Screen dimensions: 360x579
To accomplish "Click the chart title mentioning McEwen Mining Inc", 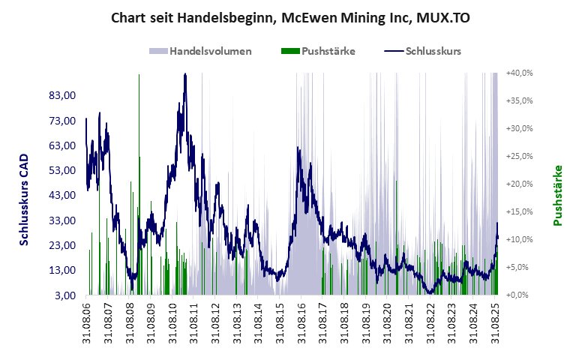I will [x=290, y=17].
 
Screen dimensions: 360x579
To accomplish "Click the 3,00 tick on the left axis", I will [x=67, y=295].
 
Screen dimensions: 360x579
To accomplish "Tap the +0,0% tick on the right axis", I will [x=520, y=295].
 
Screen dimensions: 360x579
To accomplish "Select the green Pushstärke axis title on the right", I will [x=558, y=196].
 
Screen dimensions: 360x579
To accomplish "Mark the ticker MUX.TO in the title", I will [x=442, y=17].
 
